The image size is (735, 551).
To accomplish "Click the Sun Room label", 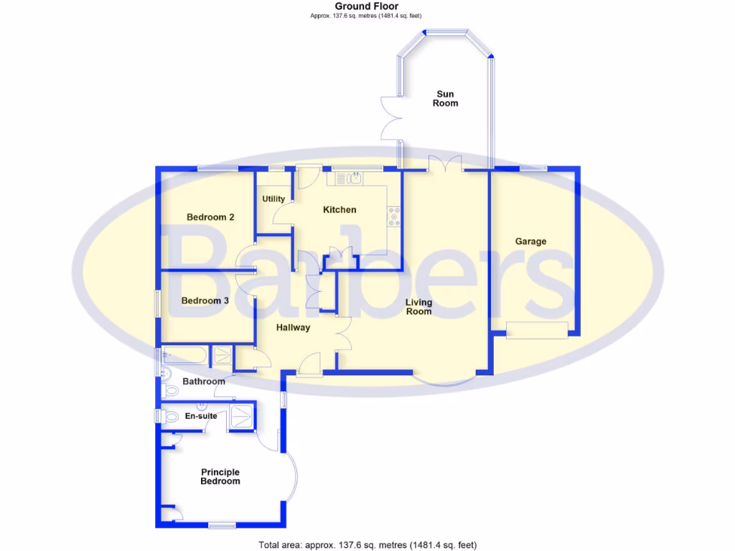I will pyautogui.click(x=445, y=98).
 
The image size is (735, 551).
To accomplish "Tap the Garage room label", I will pyautogui.click(x=530, y=242).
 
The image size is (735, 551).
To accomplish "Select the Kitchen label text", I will pyautogui.click(x=339, y=210).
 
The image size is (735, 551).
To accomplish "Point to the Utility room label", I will pyautogui.click(x=273, y=199).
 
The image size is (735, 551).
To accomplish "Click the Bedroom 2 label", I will pyautogui.click(x=210, y=217).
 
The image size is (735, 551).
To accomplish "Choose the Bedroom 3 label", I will pyautogui.click(x=205, y=301).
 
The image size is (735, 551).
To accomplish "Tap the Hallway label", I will pyautogui.click(x=293, y=328).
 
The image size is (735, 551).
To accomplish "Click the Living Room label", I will pyautogui.click(x=418, y=307).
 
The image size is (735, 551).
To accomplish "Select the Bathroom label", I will pyautogui.click(x=203, y=382).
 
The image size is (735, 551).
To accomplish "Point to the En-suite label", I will pyautogui.click(x=201, y=416).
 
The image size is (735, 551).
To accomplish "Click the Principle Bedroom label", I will pyautogui.click(x=220, y=476).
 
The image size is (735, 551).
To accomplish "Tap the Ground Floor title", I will pyautogui.click(x=367, y=6).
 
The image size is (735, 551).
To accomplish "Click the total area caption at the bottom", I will pyautogui.click(x=367, y=545).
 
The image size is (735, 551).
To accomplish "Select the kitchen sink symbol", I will pyautogui.click(x=355, y=179).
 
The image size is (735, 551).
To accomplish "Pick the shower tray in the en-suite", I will pyautogui.click(x=241, y=416).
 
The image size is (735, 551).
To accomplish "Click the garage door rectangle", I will pyautogui.click(x=537, y=330).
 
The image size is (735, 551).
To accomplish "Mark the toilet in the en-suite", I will pyautogui.click(x=171, y=416).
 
